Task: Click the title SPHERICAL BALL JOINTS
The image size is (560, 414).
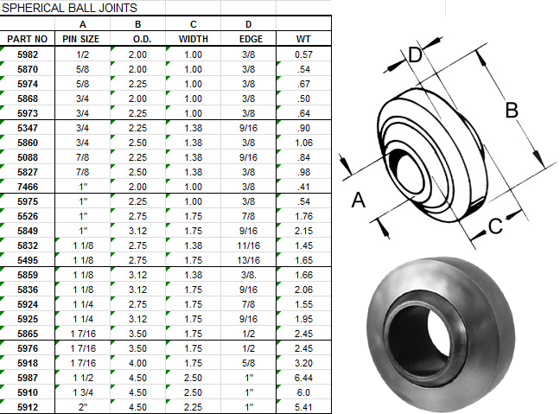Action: click(x=69, y=8)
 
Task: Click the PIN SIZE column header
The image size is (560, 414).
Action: click(x=82, y=39)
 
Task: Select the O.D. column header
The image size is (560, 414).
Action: click(x=137, y=39)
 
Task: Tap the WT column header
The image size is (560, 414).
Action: click(x=302, y=39)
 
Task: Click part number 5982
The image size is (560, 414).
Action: click(x=28, y=54)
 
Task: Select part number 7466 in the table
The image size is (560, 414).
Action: click(x=28, y=187)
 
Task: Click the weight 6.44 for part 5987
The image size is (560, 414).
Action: click(x=302, y=378)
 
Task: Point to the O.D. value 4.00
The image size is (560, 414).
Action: click(x=137, y=363)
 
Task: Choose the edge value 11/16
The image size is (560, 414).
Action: click(x=248, y=245)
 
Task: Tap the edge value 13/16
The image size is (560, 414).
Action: click(x=248, y=260)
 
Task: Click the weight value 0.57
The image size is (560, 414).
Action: click(x=302, y=54)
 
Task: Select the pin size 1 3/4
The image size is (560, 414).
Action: click(x=82, y=392)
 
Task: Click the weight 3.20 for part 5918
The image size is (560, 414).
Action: click(x=302, y=363)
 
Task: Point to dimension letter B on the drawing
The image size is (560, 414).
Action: click(x=510, y=110)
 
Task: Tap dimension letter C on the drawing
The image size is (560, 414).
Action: click(x=494, y=226)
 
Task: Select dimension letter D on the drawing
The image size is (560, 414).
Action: click(x=415, y=56)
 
